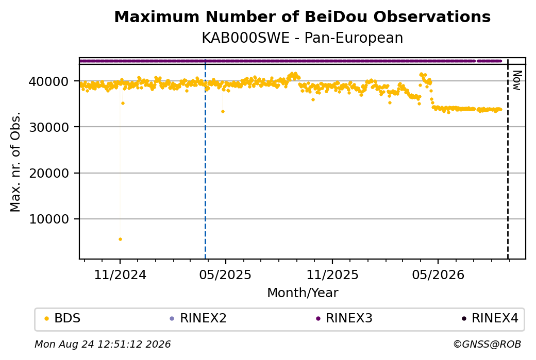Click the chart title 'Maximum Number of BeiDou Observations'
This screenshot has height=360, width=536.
302,16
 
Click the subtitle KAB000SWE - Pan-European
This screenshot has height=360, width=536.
302,38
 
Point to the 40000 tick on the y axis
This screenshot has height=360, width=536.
48,81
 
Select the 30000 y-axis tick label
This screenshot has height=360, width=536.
48,127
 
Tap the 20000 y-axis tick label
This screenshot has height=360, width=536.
48,173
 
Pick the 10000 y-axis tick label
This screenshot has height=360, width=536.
48,219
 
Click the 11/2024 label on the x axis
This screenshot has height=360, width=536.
120,275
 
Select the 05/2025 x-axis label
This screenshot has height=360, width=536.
225,275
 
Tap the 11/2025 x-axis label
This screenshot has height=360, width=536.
332,275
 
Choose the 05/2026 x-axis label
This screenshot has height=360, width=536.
438,275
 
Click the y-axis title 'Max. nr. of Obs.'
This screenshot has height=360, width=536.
15,162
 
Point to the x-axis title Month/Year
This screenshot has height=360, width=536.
303,293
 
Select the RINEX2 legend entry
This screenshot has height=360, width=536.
198,318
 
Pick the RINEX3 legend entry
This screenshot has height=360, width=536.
344,318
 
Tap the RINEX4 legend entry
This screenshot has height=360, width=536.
490,318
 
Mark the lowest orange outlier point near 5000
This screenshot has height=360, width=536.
120,239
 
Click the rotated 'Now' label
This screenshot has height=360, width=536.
517,81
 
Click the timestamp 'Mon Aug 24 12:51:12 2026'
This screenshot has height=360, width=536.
103,344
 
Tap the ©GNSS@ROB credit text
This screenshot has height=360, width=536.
487,344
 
